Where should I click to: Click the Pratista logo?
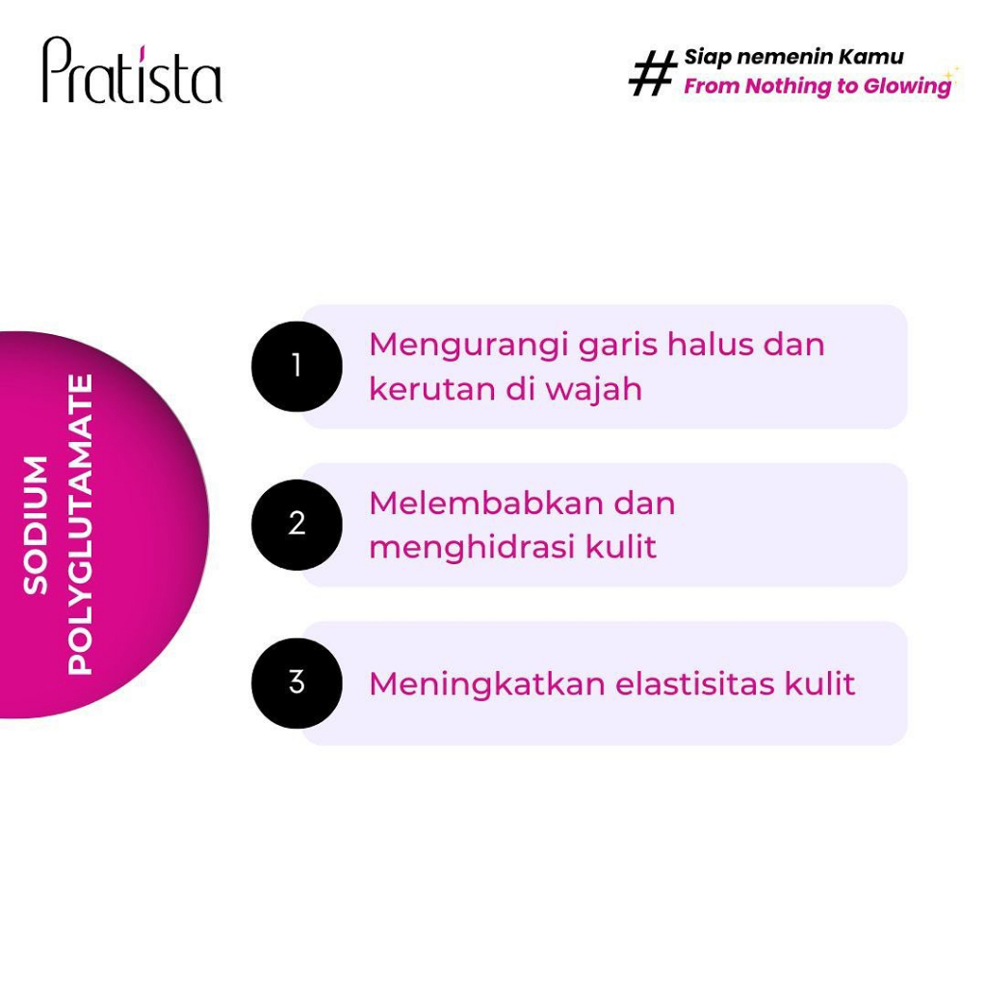click(x=132, y=69)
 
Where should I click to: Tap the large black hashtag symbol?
click(x=653, y=73)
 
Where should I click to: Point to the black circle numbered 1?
click(x=297, y=367)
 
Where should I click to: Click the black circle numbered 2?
click(x=297, y=525)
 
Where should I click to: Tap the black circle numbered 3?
click(x=297, y=683)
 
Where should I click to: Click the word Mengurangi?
click(x=469, y=347)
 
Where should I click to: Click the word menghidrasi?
click(x=472, y=546)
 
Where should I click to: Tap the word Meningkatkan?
click(x=487, y=684)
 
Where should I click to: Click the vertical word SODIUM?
click(x=36, y=525)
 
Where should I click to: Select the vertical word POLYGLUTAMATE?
click(x=81, y=525)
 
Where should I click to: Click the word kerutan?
click(x=433, y=389)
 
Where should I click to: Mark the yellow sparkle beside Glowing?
click(x=951, y=75)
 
